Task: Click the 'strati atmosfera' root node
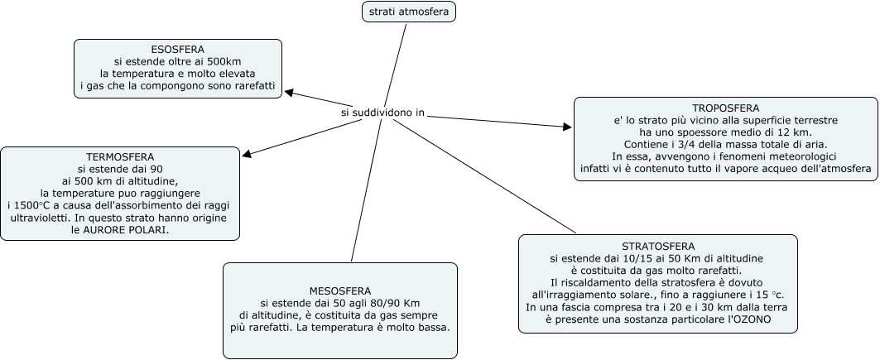[409, 12]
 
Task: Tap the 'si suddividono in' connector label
[382, 112]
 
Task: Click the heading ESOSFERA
[178, 50]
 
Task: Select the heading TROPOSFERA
[725, 108]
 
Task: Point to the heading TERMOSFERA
[120, 157]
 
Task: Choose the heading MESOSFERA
[340, 291]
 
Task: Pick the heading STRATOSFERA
[658, 247]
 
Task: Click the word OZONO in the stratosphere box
[748, 319]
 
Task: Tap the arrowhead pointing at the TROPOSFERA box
[567, 127]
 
